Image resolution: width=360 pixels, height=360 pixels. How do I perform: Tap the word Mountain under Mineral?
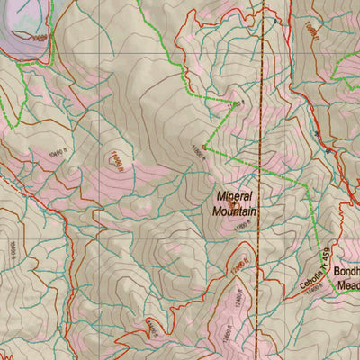pyautogui.click(x=235, y=211)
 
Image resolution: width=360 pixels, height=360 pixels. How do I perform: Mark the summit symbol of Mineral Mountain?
pyautogui.click(x=234, y=203)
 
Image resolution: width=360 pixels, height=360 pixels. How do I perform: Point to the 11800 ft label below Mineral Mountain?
pyautogui.click(x=241, y=229)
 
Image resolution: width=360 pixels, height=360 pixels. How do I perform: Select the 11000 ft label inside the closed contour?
pyautogui.click(x=115, y=161)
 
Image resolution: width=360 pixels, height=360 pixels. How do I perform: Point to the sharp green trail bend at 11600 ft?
pyautogui.click(x=204, y=147)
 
